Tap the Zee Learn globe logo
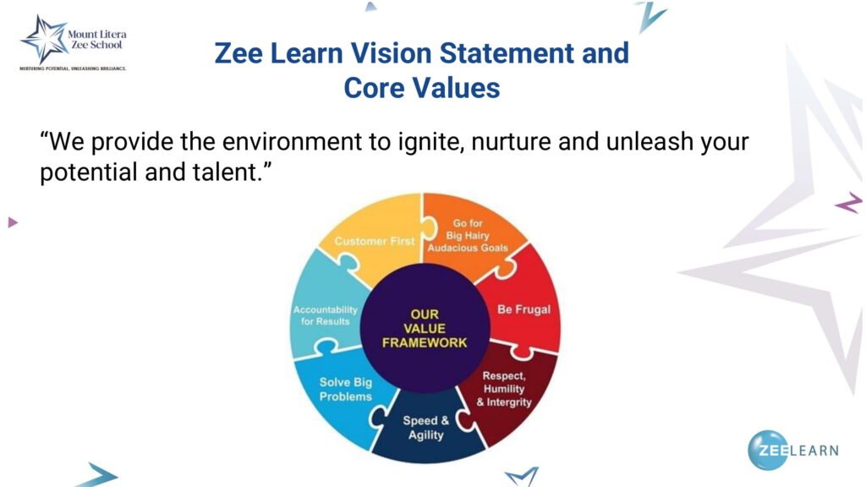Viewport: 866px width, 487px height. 768,450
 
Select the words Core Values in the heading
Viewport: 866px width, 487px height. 422,88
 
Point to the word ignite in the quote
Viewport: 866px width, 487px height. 425,142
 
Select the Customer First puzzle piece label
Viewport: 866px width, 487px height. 375,241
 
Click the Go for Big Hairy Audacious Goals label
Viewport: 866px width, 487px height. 467,236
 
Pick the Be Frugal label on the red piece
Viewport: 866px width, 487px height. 523,309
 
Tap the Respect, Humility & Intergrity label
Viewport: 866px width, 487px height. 504,389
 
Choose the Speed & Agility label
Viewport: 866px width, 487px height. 426,428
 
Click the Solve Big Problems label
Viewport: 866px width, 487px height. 346,389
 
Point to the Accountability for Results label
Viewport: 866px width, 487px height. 326,315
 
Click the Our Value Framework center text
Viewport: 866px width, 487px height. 425,329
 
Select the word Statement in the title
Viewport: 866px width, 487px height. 507,53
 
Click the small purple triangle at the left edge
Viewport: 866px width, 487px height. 13,222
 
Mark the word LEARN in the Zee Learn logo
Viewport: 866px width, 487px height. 814,451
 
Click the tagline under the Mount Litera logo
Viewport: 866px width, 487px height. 73,68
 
